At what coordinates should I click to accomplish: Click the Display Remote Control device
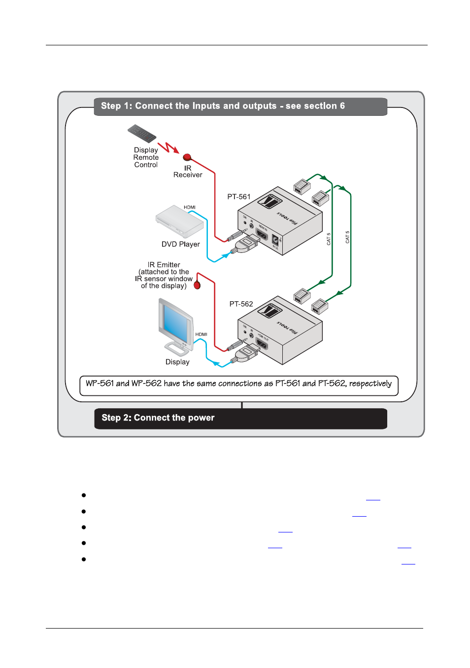coord(142,134)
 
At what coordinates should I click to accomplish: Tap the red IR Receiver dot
coord(187,157)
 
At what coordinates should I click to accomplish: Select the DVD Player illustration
coord(179,221)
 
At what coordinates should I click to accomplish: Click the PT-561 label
coord(239,197)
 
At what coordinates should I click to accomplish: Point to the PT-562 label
coord(241,304)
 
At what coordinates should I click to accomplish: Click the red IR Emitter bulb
coord(197,285)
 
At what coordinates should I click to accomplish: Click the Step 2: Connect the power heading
coord(158,418)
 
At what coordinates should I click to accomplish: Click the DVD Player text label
coord(180,245)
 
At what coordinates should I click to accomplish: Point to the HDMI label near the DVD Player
coord(190,208)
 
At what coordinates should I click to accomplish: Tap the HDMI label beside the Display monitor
coord(201,334)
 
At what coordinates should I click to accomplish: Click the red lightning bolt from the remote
coord(168,147)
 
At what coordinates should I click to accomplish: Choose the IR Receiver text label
coord(188,172)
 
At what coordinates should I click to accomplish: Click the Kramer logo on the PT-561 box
coord(270,201)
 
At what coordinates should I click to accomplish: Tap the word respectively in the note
coord(370,384)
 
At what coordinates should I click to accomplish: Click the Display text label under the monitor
coord(177,362)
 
